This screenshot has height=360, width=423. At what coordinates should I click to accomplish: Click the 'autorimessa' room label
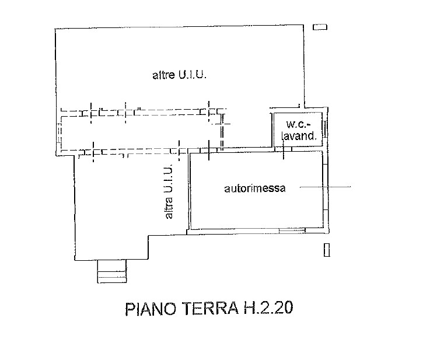tap(254, 188)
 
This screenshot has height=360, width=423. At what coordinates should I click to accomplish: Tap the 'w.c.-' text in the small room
tap(298, 124)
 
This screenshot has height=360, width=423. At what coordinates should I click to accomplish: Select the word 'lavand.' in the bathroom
tap(299, 136)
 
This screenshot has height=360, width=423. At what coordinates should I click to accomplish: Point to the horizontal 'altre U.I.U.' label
tap(179, 75)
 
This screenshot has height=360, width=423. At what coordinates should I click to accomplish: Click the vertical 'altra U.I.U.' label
tap(168, 191)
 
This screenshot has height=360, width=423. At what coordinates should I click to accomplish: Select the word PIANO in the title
tap(151, 309)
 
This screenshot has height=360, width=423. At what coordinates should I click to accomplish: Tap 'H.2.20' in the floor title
tap(268, 307)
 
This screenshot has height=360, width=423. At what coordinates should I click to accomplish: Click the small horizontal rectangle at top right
tap(320, 27)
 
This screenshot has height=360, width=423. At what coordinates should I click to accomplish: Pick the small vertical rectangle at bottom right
tap(327, 250)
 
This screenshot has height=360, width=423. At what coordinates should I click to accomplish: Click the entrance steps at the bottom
tap(111, 271)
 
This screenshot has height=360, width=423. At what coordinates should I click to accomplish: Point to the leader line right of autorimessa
tap(326, 187)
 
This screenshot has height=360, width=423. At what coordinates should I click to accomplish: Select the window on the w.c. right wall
tap(326, 129)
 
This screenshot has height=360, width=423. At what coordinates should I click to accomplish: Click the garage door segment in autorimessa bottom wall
tap(292, 230)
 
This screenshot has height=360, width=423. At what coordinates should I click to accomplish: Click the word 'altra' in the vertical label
tap(169, 208)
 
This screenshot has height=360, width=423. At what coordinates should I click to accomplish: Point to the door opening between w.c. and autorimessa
tap(283, 149)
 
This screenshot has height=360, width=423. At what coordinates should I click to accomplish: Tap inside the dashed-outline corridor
tap(140, 132)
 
